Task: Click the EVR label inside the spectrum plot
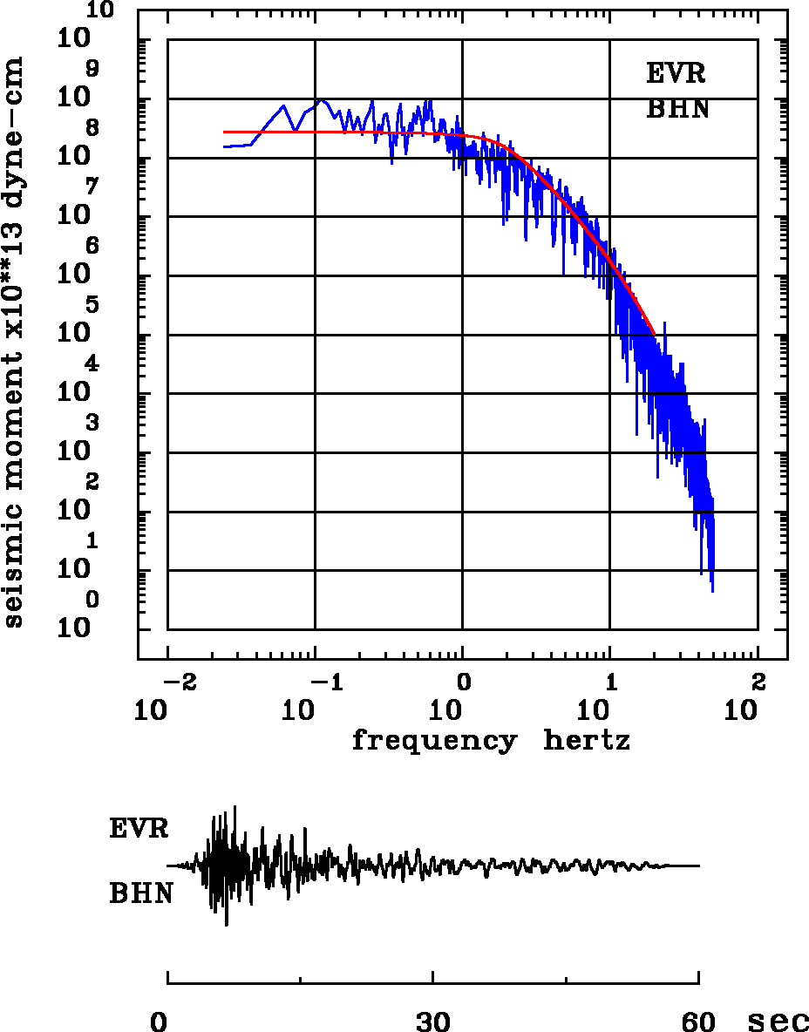point(676,73)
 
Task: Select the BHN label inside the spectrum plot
point(677,110)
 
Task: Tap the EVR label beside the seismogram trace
point(139,828)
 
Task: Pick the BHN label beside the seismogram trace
point(140,893)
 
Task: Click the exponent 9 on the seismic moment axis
point(92,68)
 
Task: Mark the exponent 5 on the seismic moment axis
point(92,304)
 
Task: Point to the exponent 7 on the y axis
point(92,186)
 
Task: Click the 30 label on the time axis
point(433,1021)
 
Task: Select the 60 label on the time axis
point(698,1021)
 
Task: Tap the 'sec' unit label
point(778,1021)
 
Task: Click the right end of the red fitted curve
point(654,334)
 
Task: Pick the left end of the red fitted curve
point(224,132)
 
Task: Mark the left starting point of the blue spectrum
point(224,146)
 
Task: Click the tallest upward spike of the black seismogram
point(235,806)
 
